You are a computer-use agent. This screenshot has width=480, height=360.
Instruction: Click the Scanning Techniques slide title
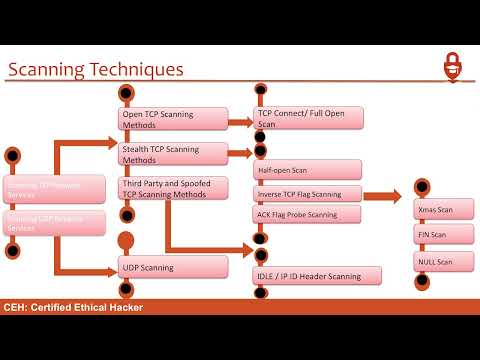pyautogui.click(x=96, y=70)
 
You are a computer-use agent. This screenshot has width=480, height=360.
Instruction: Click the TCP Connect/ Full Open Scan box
pyautogui.click(x=309, y=118)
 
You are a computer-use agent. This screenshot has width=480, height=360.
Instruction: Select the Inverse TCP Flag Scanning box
pyautogui.click(x=307, y=193)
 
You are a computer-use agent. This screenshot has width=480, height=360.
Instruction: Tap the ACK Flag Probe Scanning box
pyautogui.click(x=307, y=214)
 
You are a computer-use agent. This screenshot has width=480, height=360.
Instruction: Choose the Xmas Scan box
pyautogui.click(x=444, y=209)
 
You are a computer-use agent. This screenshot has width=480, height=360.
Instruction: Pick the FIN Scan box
pyautogui.click(x=444, y=235)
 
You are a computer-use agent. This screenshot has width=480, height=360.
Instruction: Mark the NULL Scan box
pyautogui.click(x=444, y=262)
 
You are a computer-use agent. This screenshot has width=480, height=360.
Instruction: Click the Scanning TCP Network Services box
pyautogui.click(x=56, y=189)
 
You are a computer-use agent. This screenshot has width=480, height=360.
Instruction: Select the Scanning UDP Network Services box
pyautogui.click(x=56, y=222)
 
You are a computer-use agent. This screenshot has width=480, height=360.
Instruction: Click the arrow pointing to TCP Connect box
pyautogui.click(x=239, y=123)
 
